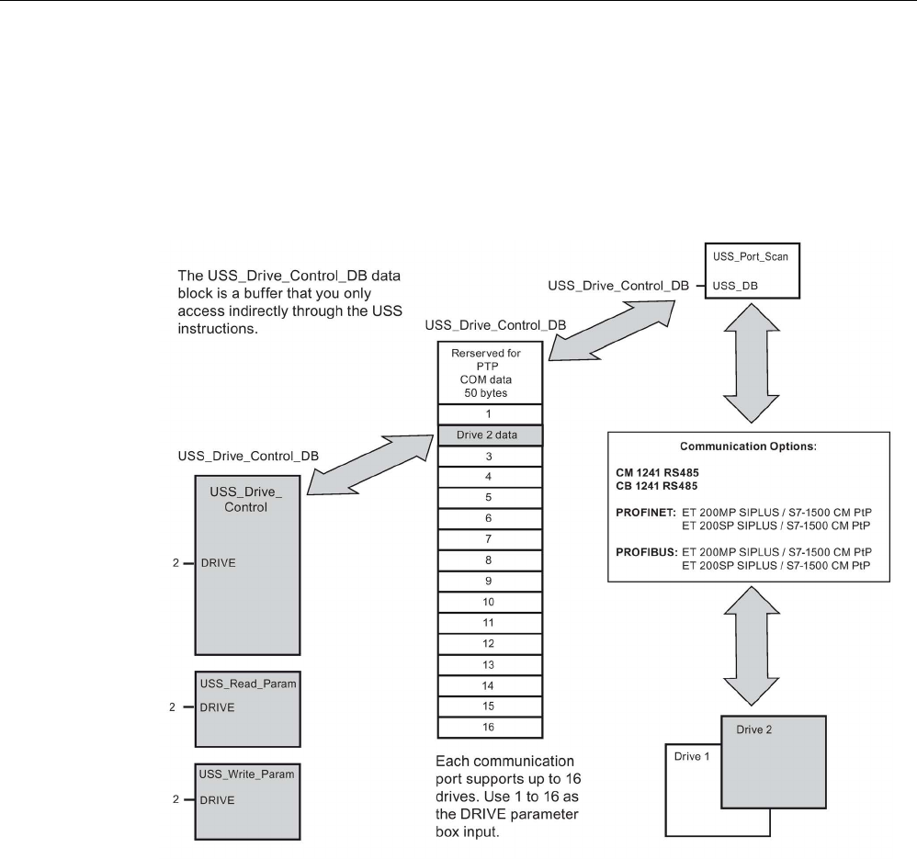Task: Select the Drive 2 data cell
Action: tap(488, 435)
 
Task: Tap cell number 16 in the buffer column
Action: tap(488, 726)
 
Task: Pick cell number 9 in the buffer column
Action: tap(488, 581)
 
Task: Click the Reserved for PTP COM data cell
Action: tap(488, 371)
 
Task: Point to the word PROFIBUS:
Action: tap(647, 551)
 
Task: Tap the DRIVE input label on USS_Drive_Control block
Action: tap(219, 563)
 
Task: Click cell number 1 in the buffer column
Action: tap(488, 413)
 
